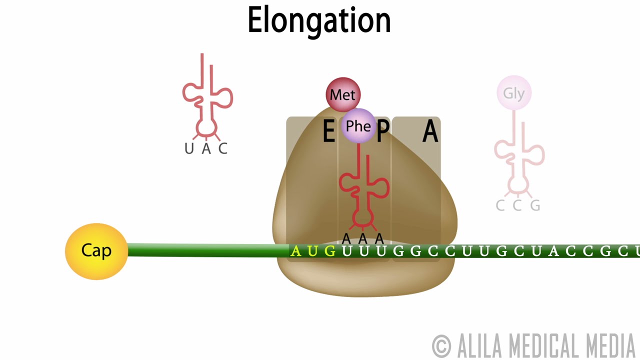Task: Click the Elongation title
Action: click(319, 21)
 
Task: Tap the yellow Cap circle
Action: click(96, 251)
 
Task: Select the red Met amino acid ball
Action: click(343, 94)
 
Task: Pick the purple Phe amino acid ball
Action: click(358, 126)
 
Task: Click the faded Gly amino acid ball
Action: click(514, 93)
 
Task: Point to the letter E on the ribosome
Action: click(328, 132)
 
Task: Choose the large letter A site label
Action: click(430, 132)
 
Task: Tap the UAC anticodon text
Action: click(206, 148)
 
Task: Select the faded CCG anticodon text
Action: click(518, 205)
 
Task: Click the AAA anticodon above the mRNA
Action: click(363, 238)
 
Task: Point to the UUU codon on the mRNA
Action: click(364, 251)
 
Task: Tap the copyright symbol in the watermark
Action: click(441, 345)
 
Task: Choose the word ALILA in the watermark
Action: click(479, 345)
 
